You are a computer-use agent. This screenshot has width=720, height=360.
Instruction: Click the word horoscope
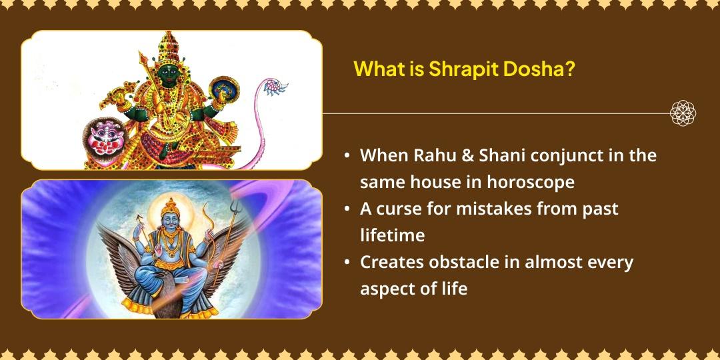tap(532, 181)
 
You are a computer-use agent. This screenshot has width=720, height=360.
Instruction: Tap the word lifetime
tap(393, 235)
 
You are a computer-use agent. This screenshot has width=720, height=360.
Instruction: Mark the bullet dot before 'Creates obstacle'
tap(347, 263)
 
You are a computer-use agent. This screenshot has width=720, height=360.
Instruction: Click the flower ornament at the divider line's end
tap(683, 113)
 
